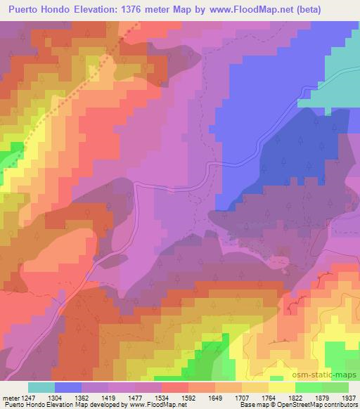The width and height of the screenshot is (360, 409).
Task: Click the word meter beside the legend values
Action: coord(11,397)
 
